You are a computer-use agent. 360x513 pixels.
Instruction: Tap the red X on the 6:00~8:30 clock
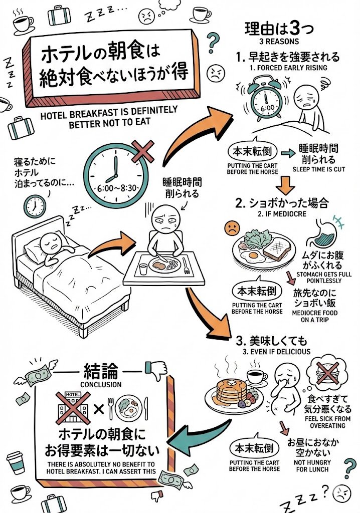click(143, 150)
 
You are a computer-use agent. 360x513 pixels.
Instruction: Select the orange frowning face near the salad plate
click(232, 228)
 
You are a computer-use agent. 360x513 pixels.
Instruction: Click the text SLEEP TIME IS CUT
click(318, 169)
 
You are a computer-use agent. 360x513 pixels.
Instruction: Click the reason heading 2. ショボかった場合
click(282, 203)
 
